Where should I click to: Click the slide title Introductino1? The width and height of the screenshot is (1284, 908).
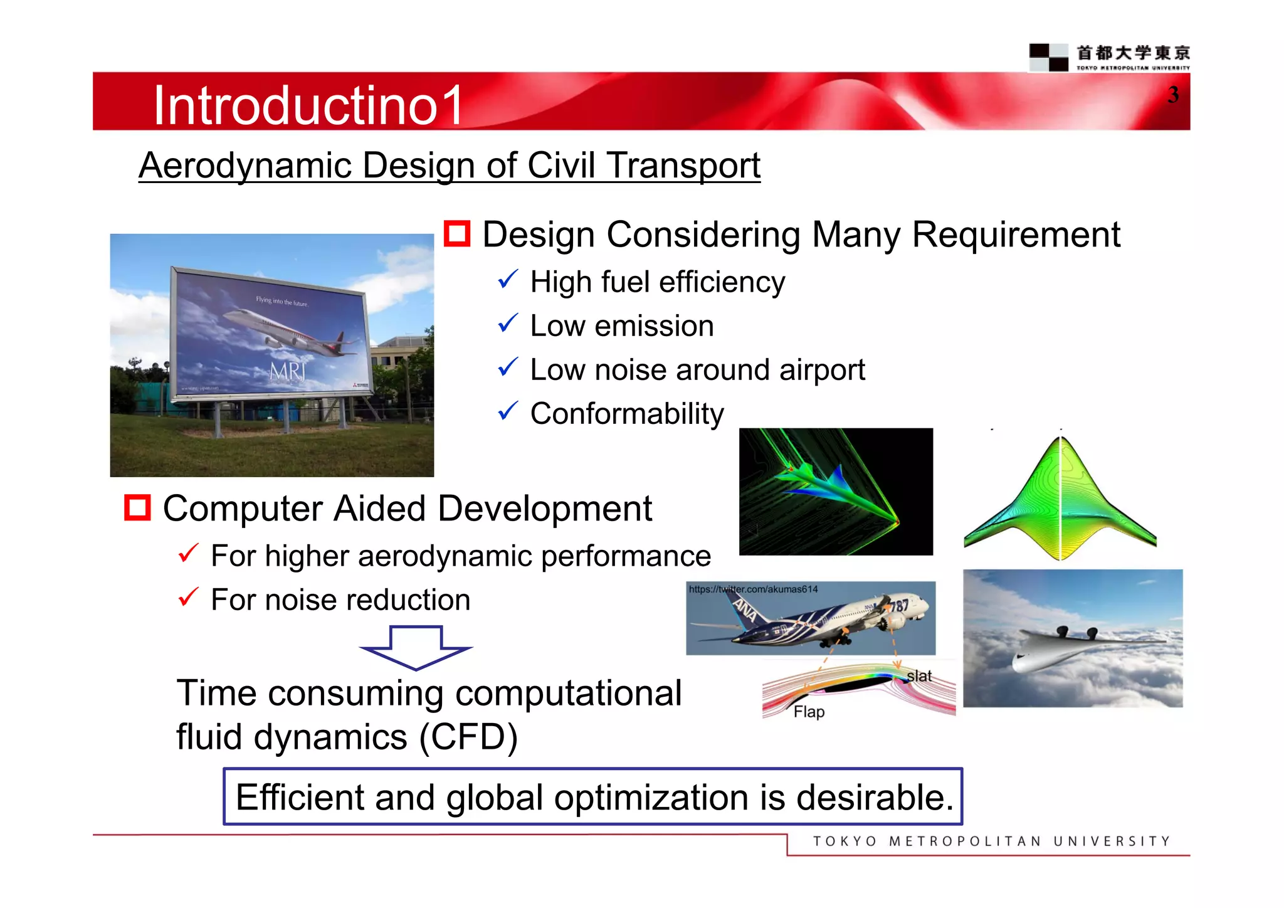(x=308, y=105)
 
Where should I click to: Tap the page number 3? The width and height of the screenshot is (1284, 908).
(x=1173, y=95)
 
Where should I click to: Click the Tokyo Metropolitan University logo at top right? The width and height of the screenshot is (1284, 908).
(x=1110, y=57)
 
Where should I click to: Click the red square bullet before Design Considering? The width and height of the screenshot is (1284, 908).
(x=457, y=234)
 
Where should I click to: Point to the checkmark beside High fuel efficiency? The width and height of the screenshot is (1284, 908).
(x=508, y=280)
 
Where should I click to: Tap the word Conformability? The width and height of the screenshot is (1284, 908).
(x=627, y=414)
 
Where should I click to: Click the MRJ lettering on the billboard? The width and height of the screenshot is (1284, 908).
(x=287, y=372)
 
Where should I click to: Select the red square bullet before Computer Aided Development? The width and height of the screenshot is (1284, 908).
(x=137, y=508)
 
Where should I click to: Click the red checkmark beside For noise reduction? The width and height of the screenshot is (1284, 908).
(x=188, y=597)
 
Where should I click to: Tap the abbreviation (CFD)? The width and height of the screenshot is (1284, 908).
(x=468, y=737)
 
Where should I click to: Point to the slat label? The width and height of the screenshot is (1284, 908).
(x=919, y=676)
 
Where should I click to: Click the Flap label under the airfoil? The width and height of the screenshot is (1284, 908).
(x=809, y=712)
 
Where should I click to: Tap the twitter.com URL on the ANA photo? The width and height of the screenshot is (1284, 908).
(x=753, y=589)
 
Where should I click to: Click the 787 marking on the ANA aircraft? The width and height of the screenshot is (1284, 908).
(x=898, y=606)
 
